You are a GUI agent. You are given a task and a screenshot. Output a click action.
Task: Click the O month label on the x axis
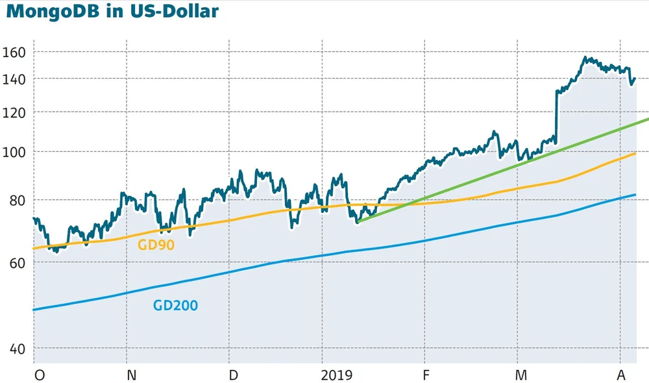(39, 375)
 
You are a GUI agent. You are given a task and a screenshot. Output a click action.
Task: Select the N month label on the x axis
(132, 375)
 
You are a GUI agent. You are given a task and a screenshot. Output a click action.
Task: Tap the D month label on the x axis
(234, 375)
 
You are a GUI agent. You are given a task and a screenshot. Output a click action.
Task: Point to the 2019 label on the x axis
(336, 375)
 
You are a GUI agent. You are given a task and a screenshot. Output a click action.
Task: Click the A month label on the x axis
(621, 375)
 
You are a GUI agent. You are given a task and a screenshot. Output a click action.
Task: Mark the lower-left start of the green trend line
(358, 222)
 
